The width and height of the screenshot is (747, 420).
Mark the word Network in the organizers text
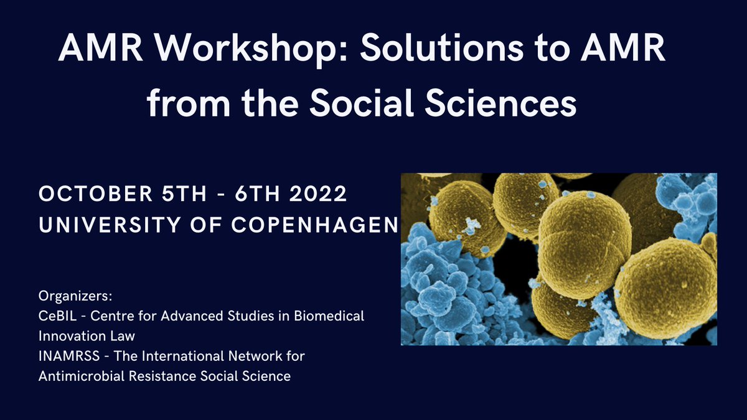262,357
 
